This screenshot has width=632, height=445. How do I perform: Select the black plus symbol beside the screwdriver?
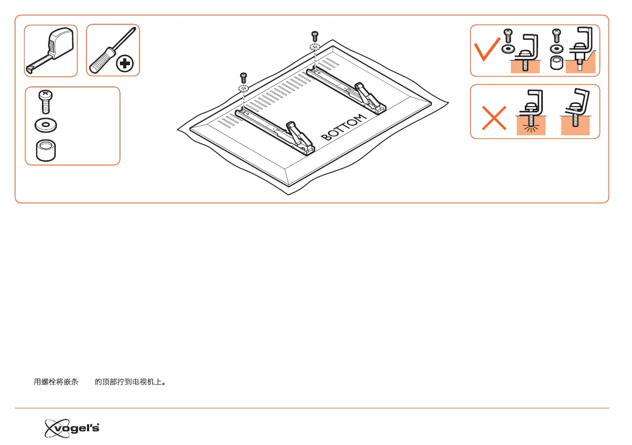tap(125, 64)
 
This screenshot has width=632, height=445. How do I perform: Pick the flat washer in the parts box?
tap(46, 126)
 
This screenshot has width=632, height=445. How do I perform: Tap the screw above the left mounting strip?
tap(244, 77)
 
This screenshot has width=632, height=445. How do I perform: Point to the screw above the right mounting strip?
tap(315, 36)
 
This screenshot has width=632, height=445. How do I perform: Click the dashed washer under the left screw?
tap(244, 89)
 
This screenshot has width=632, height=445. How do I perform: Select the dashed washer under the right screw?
tap(315, 47)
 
